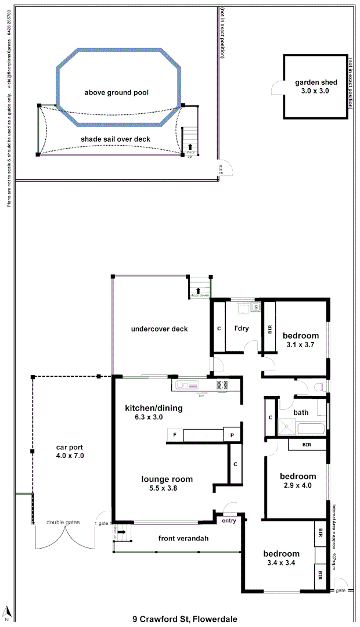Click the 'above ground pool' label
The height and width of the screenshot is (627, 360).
(116, 92)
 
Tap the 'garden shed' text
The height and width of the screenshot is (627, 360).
(315, 82)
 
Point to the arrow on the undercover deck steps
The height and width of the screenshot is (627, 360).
(199, 290)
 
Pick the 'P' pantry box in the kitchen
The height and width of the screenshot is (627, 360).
(232, 435)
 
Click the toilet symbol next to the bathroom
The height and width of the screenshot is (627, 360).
(318, 387)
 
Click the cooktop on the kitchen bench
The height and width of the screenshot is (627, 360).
(222, 384)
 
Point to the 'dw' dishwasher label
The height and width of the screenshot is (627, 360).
(201, 395)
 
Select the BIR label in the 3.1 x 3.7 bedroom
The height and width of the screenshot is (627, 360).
(270, 329)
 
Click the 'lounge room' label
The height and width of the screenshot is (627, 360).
(167, 479)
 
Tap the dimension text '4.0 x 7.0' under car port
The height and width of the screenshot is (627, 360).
(70, 456)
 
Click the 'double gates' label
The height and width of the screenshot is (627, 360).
(63, 522)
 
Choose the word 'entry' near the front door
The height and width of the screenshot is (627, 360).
(228, 520)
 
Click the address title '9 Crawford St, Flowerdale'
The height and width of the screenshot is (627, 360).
(185, 619)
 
